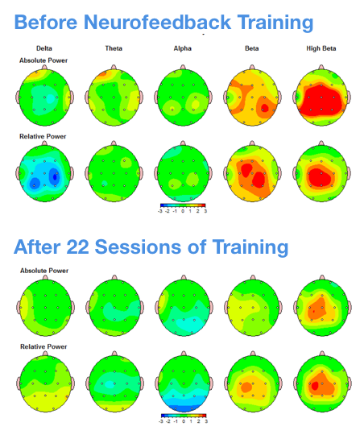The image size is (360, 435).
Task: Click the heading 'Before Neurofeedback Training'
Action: (163, 22)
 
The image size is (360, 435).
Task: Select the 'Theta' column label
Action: (114, 49)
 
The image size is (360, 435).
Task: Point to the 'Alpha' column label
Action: (182, 49)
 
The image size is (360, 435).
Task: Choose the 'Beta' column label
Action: (252, 49)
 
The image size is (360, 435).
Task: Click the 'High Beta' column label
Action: (321, 49)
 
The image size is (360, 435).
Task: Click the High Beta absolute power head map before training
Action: (321, 96)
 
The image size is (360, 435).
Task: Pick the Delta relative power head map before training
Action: (44, 173)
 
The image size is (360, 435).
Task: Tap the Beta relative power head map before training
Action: (252, 173)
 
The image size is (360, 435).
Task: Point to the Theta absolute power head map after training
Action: (114, 307)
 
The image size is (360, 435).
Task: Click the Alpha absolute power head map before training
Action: (182, 96)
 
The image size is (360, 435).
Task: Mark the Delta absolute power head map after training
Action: (44, 307)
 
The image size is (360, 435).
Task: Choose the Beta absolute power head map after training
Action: (252, 307)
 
